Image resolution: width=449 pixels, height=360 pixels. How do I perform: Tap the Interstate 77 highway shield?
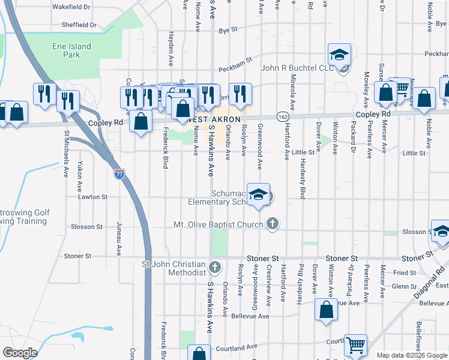click(x=120, y=175)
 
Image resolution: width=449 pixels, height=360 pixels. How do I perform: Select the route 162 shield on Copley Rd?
click(x=281, y=115)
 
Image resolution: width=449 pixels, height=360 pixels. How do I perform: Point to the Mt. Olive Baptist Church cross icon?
click(x=273, y=225)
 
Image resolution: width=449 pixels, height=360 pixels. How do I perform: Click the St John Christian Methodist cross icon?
click(x=215, y=266)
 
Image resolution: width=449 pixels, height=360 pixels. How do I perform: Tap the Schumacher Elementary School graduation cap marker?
click(x=258, y=196)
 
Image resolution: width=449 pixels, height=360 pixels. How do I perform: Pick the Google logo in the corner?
click(x=20, y=353)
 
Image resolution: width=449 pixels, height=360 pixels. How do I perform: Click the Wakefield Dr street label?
click(x=71, y=7)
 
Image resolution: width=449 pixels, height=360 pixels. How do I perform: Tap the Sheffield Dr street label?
click(x=79, y=25)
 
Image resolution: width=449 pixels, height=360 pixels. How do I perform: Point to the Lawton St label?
click(x=92, y=196)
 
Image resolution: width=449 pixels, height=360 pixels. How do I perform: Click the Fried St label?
click(x=400, y=272)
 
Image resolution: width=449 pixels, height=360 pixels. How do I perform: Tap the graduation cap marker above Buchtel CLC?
click(x=339, y=55)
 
